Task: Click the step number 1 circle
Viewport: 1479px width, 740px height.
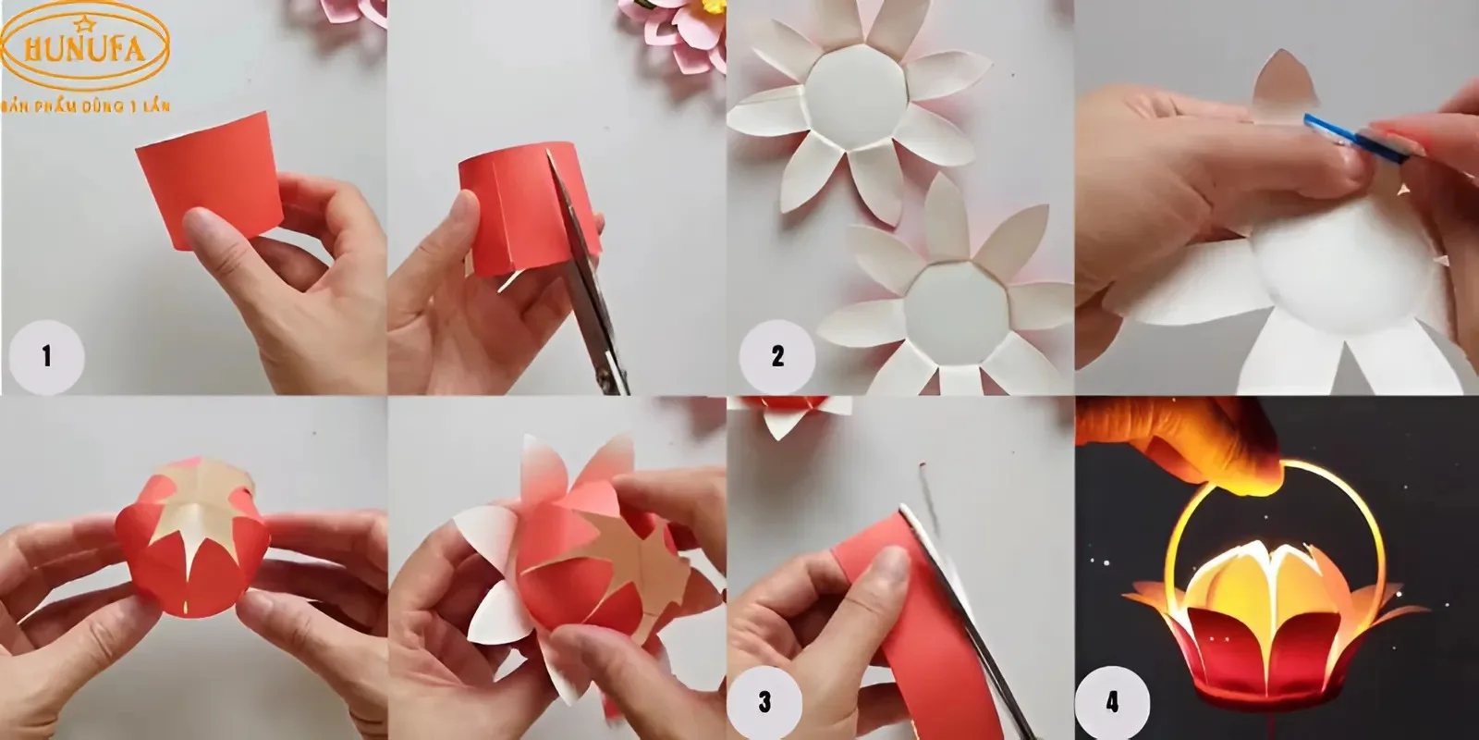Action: click(46, 357)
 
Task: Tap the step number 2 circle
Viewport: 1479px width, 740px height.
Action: click(777, 357)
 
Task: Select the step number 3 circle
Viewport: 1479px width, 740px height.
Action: click(764, 702)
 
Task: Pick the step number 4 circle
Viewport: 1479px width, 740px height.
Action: click(1113, 702)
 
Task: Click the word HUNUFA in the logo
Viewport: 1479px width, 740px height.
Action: click(84, 50)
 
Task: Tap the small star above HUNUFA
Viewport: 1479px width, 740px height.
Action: click(84, 24)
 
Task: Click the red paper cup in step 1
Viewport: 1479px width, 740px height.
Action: click(210, 179)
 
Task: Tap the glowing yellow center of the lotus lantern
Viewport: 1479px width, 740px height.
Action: click(1258, 582)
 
